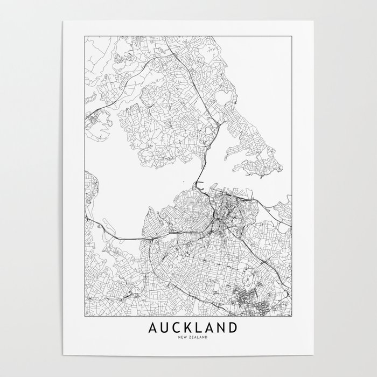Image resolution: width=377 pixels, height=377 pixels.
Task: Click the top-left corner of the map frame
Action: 85,36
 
